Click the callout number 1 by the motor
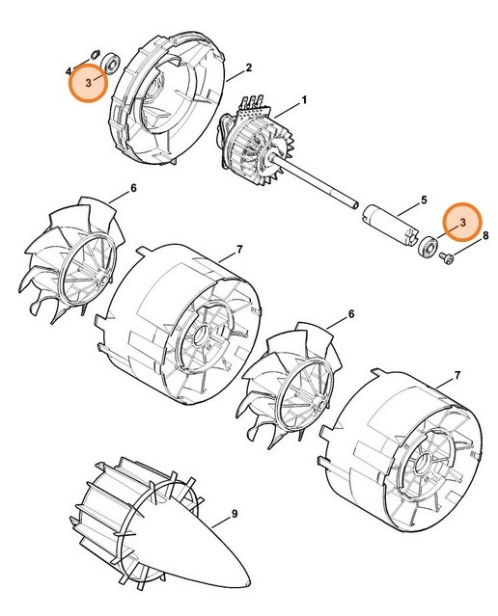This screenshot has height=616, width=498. pyautogui.click(x=305, y=100)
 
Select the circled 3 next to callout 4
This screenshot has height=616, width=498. pyautogui.click(x=89, y=84)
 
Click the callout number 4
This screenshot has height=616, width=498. pyautogui.click(x=69, y=71)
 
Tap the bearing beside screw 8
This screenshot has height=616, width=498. pyautogui.click(x=426, y=248)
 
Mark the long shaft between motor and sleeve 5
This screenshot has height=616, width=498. pyautogui.click(x=328, y=187)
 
